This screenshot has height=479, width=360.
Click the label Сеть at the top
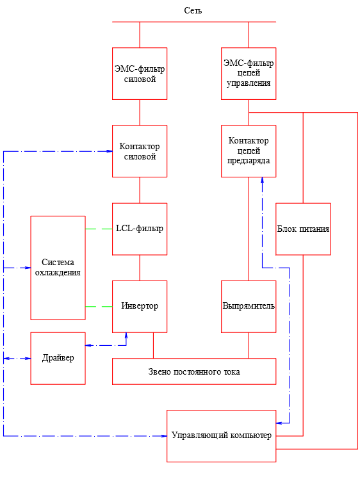click(x=193, y=11)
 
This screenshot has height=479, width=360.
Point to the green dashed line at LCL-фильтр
click(x=99, y=229)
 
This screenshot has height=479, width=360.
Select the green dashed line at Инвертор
click(x=99, y=306)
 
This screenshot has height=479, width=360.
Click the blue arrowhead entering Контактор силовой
click(x=109, y=151)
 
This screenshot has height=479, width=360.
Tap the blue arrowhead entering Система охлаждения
click(x=28, y=268)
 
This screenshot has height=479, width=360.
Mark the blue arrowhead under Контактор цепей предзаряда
click(x=262, y=180)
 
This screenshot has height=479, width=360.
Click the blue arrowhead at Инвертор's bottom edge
click(x=126, y=336)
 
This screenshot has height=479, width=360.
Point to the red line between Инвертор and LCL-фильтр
click(x=140, y=268)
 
